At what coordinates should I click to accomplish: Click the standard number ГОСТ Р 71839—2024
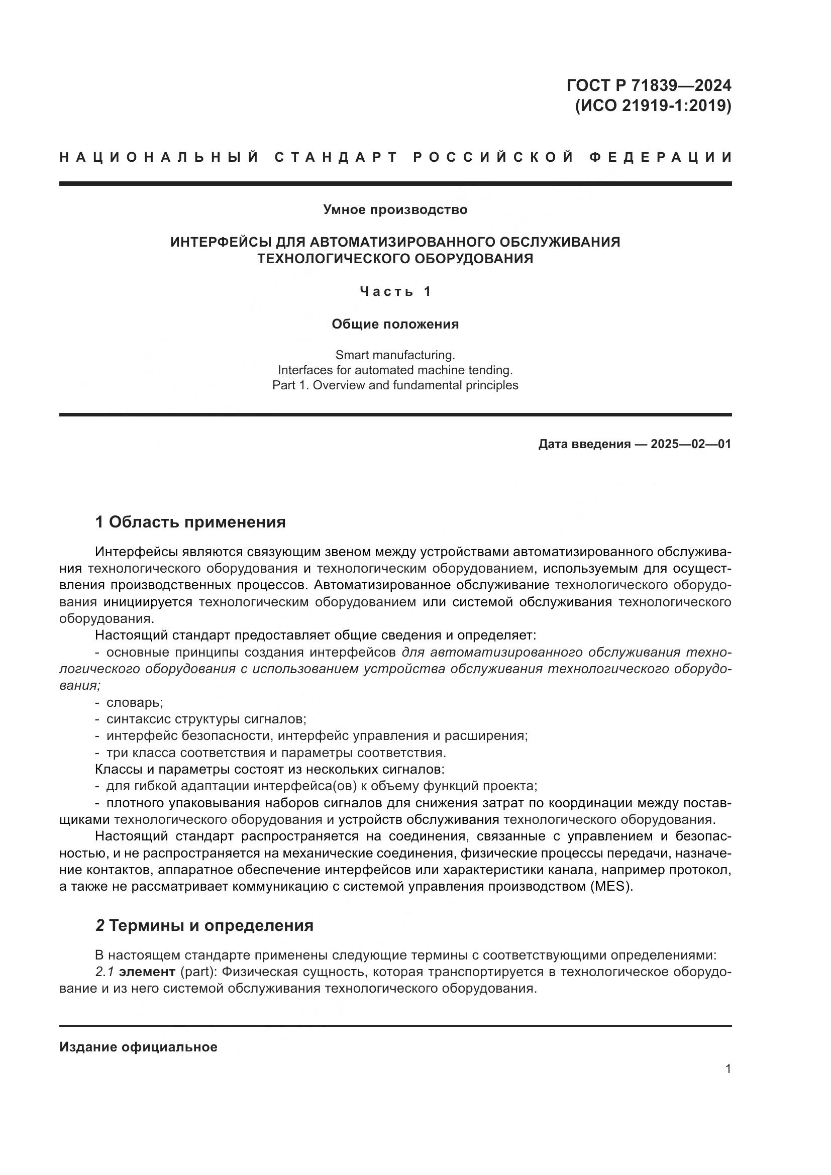pyautogui.click(x=648, y=85)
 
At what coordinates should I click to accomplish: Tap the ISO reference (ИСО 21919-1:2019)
pyautogui.click(x=653, y=106)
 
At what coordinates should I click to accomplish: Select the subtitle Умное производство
pyautogui.click(x=395, y=210)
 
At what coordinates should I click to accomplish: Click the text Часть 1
pyautogui.click(x=395, y=292)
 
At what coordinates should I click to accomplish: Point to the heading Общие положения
pyautogui.click(x=395, y=324)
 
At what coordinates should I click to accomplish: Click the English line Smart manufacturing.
pyautogui.click(x=395, y=355)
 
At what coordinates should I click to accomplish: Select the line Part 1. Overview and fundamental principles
pyautogui.click(x=395, y=385)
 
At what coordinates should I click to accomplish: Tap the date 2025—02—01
pyautogui.click(x=691, y=444)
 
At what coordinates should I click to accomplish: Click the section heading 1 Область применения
pyautogui.click(x=190, y=522)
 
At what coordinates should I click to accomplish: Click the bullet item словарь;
pyautogui.click(x=134, y=703)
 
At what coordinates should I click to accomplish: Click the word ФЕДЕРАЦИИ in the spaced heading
pyautogui.click(x=660, y=157)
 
